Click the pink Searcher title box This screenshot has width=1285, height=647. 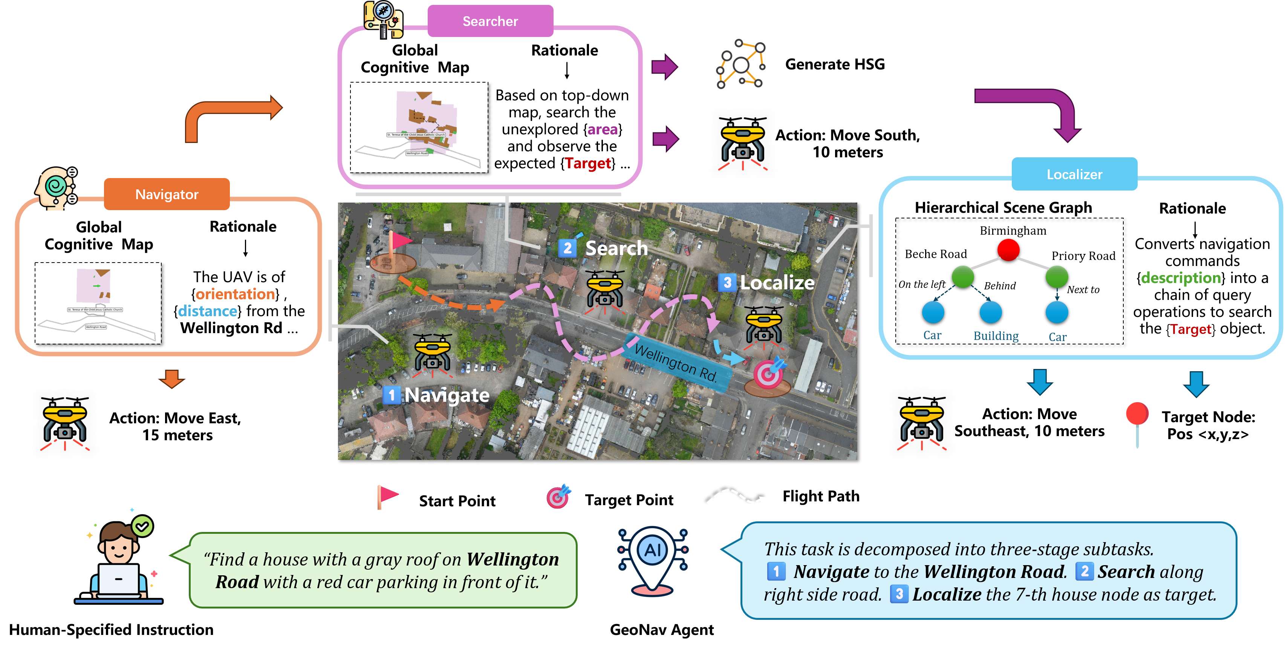click(490, 21)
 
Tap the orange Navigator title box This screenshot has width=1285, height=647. click(167, 194)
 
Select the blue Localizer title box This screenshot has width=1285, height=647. click(1074, 174)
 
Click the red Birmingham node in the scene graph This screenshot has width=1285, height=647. click(1008, 250)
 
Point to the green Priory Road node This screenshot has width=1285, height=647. click(1057, 276)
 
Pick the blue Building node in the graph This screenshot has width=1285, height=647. click(991, 312)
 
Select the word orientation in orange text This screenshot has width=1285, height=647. click(234, 294)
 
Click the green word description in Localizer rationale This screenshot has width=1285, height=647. click(1180, 278)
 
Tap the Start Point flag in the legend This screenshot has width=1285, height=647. click(387, 497)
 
